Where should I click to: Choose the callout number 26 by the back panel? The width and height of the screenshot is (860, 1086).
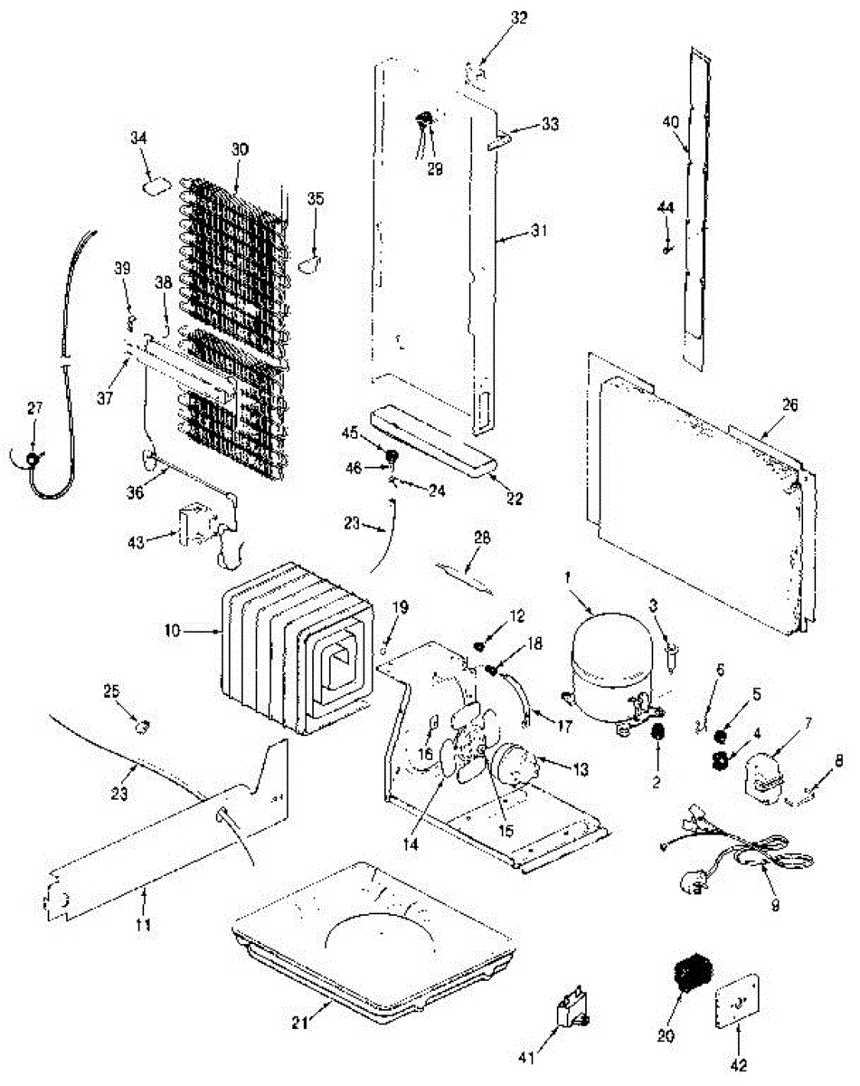coord(789,405)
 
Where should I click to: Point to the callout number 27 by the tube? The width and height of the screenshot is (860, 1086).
coord(34,408)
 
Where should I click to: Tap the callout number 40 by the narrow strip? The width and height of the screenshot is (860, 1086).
coord(670,121)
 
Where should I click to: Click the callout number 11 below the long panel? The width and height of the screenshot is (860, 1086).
coord(144,925)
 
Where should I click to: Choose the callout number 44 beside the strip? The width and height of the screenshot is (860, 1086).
coord(666,209)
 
